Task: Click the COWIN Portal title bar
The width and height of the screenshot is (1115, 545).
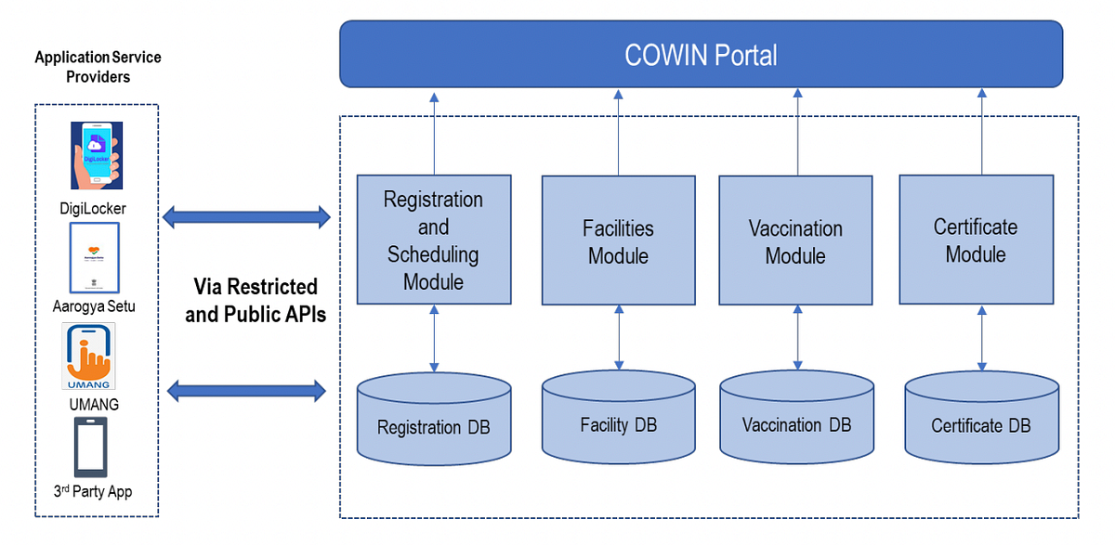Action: coord(701,55)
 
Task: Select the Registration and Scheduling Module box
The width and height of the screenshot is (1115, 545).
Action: coord(433,240)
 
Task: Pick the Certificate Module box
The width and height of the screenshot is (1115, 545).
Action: coord(976,240)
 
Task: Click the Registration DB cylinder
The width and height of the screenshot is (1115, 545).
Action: coord(433,418)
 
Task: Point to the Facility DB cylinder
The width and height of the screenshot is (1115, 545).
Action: coord(618,418)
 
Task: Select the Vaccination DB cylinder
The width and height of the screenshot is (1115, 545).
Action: coord(796,418)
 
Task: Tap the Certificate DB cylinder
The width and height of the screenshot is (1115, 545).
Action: coord(981,418)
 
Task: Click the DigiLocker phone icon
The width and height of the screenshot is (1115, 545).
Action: coord(98,159)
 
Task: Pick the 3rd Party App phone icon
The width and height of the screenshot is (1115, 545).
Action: coord(90,447)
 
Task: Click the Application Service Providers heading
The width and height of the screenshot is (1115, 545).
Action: coord(98,67)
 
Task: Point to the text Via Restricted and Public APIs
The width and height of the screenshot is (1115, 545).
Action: coord(255,300)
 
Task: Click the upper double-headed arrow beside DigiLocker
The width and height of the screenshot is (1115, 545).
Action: coord(246,218)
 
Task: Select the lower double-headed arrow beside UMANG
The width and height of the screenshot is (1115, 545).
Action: coord(246,391)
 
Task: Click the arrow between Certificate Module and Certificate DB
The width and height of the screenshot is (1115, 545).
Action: coord(981,338)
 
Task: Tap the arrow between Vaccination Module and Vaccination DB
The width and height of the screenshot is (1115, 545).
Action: coord(796,338)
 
